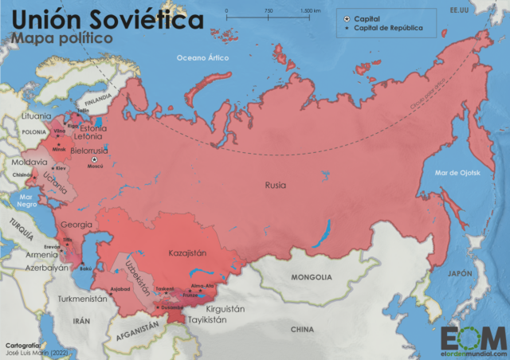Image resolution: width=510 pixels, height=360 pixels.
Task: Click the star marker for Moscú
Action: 95,158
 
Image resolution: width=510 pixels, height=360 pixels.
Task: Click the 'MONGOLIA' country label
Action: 312,277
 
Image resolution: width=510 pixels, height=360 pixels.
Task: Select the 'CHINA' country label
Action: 302,328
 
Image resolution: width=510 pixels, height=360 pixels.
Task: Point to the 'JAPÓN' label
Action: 461,273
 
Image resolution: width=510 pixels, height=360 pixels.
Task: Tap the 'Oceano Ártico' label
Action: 202,57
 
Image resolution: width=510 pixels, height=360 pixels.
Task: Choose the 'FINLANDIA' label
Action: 100,100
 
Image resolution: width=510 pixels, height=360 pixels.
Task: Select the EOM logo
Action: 472,335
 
